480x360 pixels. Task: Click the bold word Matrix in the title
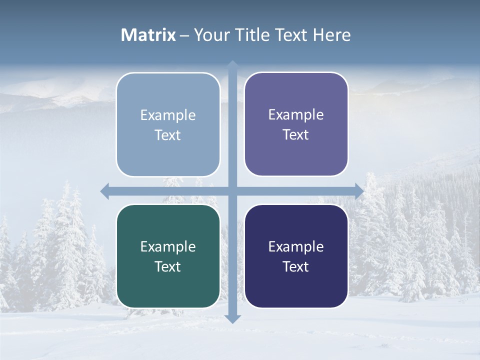[x=148, y=35]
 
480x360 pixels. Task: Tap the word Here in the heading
[x=331, y=35]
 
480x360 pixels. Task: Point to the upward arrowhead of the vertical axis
[x=233, y=65]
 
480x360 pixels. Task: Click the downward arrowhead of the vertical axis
[x=233, y=318]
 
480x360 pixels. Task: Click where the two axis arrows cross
[x=233, y=191]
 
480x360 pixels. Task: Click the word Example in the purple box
[x=296, y=114]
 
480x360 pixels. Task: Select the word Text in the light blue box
[x=168, y=135]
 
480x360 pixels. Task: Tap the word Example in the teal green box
[x=168, y=246]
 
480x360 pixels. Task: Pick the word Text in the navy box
[x=296, y=266]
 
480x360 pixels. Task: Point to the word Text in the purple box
[x=296, y=134]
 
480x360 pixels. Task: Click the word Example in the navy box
[x=296, y=246]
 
